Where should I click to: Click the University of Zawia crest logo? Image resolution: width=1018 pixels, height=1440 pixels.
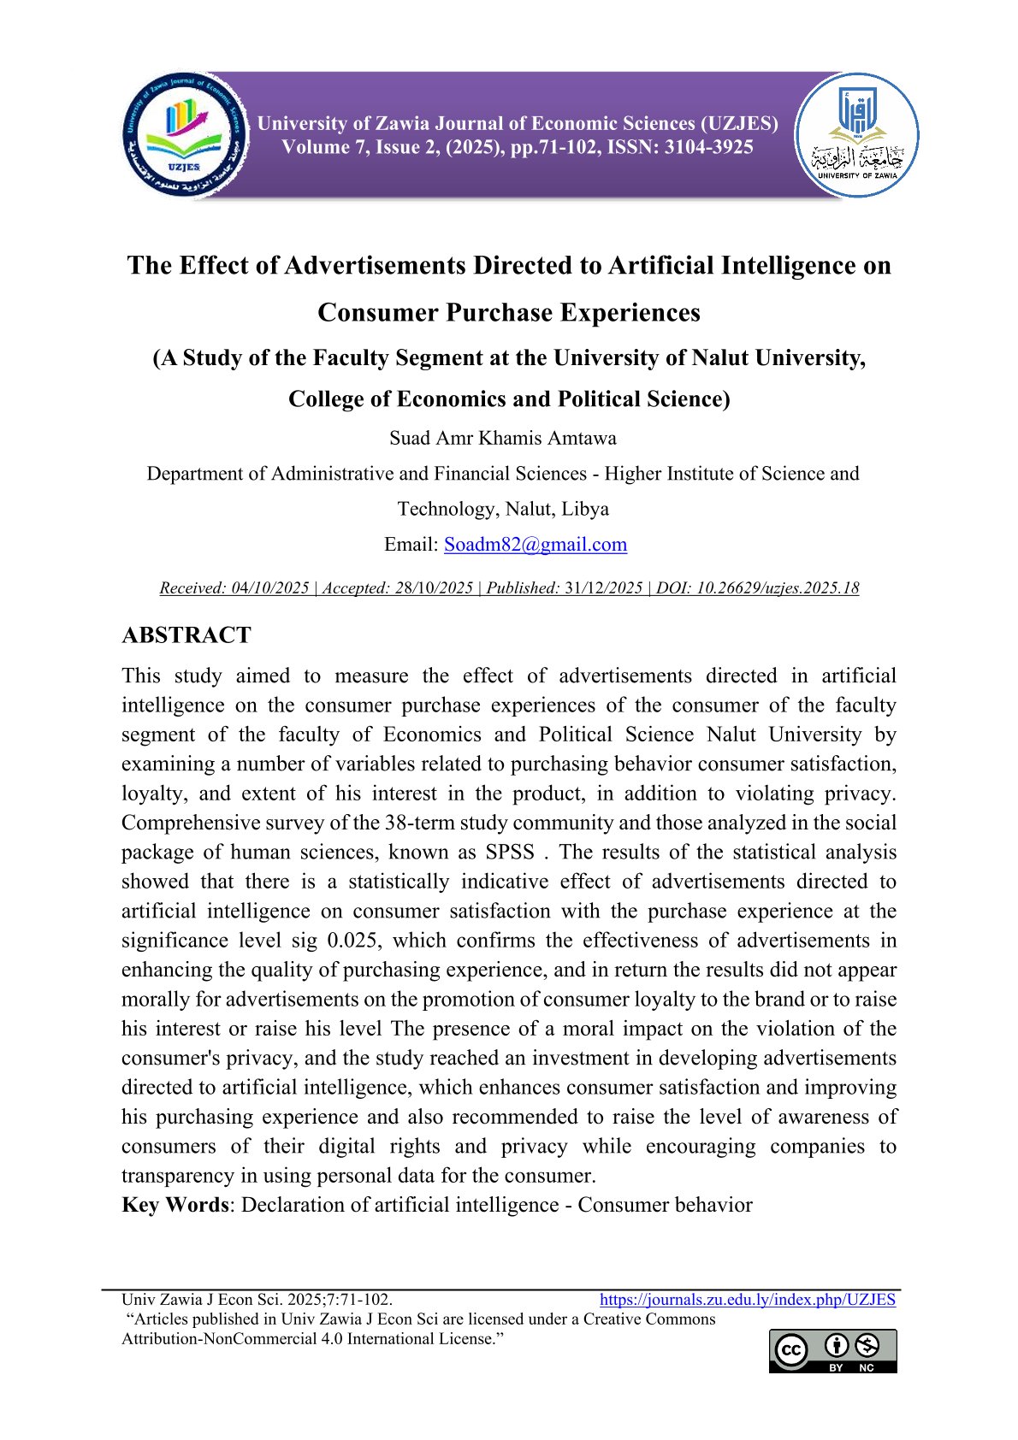(x=857, y=135)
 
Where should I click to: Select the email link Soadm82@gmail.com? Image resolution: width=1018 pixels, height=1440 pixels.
(x=535, y=545)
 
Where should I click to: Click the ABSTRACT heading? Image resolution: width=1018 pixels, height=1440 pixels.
(x=186, y=635)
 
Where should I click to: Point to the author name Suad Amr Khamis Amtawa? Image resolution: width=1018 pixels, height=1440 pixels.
(x=503, y=438)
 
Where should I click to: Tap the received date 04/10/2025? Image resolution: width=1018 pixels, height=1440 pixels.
(x=270, y=588)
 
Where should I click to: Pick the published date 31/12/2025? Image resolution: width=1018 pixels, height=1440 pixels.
(x=603, y=588)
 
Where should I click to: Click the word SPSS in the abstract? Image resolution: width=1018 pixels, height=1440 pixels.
(x=510, y=853)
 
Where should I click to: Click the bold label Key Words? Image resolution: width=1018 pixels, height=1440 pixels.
(x=175, y=1205)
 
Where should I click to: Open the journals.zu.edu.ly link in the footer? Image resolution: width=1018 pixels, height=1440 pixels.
(x=747, y=1300)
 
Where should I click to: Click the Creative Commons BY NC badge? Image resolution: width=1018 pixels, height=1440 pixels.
(x=832, y=1351)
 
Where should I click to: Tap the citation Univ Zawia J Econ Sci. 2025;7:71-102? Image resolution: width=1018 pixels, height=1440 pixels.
(x=257, y=1300)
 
